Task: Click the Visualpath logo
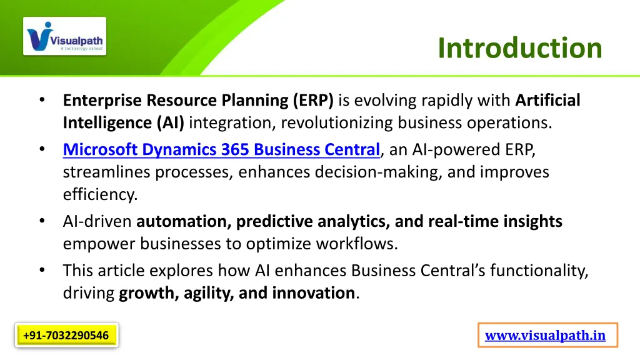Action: (64, 36)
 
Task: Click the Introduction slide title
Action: (520, 48)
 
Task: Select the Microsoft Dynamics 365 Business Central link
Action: (221, 149)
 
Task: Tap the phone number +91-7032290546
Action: (66, 336)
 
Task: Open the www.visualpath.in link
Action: (545, 336)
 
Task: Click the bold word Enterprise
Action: (102, 101)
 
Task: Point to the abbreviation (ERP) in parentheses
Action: (313, 101)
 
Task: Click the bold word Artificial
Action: (547, 100)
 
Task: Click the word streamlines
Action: (106, 172)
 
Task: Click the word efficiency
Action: (100, 194)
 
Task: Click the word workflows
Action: (357, 244)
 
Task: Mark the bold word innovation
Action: (314, 293)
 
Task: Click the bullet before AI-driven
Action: (42, 221)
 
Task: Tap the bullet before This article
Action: (42, 270)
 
